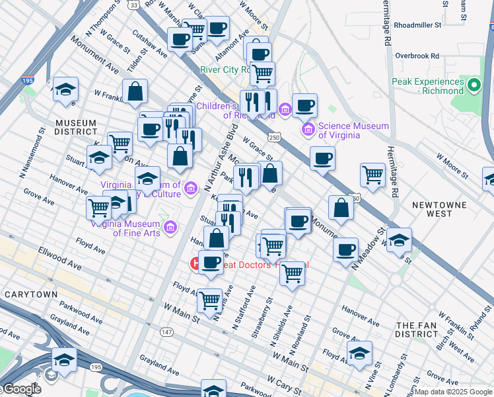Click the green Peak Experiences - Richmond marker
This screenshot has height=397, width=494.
(x=474, y=85)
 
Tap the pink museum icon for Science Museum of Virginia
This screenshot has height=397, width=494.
(x=308, y=129)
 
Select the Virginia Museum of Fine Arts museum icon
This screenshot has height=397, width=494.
(x=171, y=228)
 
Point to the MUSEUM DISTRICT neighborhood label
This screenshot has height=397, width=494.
(x=76, y=128)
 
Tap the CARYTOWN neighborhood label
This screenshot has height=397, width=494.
(x=30, y=293)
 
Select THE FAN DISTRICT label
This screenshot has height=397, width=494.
(x=422, y=330)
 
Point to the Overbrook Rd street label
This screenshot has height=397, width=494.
(x=417, y=56)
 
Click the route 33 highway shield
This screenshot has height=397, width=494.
(x=134, y=5)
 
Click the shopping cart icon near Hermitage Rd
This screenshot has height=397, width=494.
(x=372, y=175)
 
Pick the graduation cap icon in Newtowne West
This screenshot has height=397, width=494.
(x=399, y=240)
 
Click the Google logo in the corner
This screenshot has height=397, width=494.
(x=21, y=388)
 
